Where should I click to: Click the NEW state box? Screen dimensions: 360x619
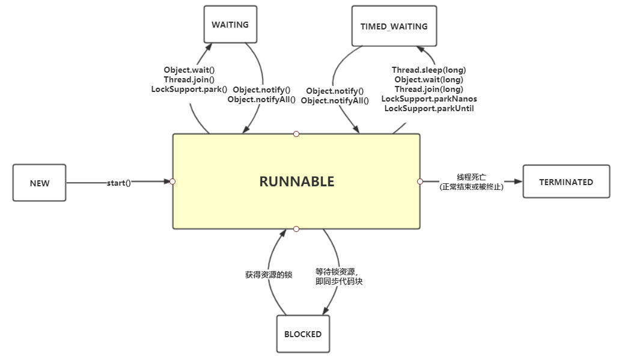[39, 183]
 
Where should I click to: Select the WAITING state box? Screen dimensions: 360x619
[230, 25]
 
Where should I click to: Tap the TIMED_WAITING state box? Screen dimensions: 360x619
[394, 26]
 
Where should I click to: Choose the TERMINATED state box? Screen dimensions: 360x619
[566, 182]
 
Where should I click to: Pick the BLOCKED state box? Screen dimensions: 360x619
[303, 334]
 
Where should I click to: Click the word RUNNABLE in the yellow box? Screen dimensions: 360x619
[296, 182]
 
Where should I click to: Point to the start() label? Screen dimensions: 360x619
[119, 183]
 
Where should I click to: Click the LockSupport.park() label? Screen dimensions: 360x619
[189, 89]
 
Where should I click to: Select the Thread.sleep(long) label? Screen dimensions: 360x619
[428, 70]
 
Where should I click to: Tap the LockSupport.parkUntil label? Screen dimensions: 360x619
[428, 108]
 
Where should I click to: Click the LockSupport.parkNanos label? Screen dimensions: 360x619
[428, 99]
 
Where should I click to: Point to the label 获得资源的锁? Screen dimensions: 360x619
[268, 275]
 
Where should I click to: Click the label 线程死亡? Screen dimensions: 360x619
[471, 177]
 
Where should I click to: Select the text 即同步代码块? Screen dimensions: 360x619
[339, 281]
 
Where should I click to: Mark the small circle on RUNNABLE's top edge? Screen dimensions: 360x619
[296, 133]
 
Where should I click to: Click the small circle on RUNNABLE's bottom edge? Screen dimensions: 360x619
[296, 229]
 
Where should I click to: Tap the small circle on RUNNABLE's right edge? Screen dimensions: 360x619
[420, 181]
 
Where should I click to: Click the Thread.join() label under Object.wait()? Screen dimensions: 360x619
[189, 79]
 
